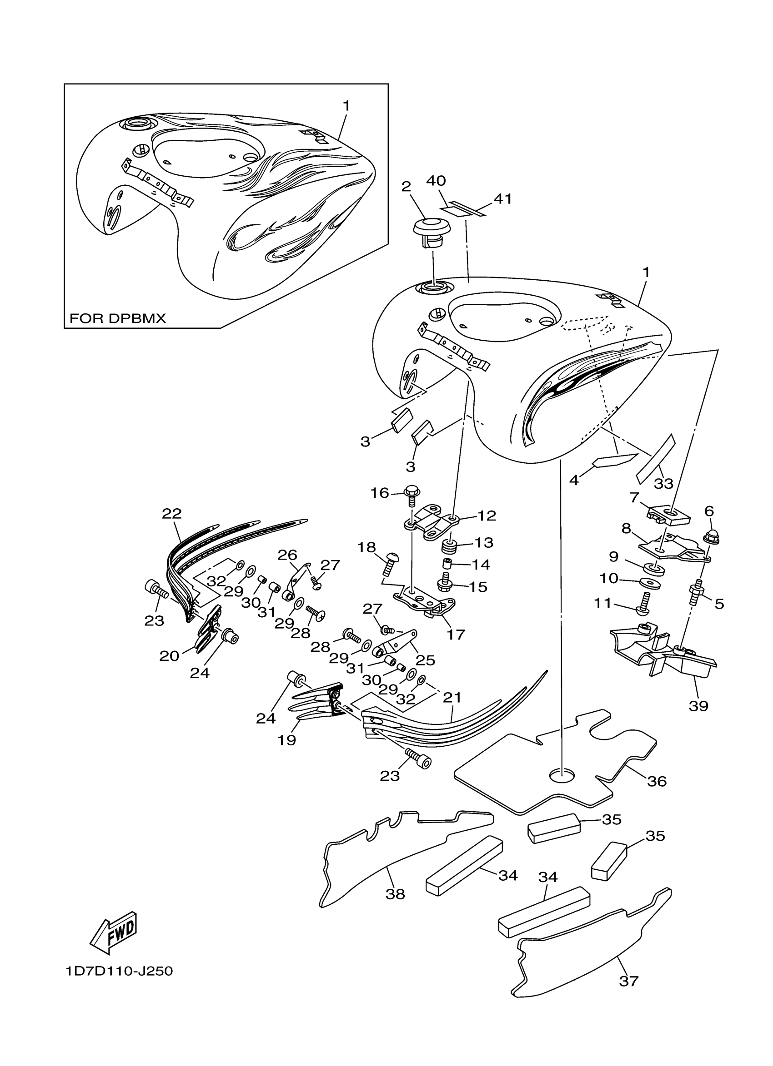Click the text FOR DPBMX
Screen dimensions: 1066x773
click(118, 319)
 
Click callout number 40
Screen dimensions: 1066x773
click(436, 181)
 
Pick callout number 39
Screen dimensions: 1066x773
click(698, 719)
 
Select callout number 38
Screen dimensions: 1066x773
click(395, 894)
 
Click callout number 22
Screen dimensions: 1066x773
click(172, 513)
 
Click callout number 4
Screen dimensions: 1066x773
click(573, 481)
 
